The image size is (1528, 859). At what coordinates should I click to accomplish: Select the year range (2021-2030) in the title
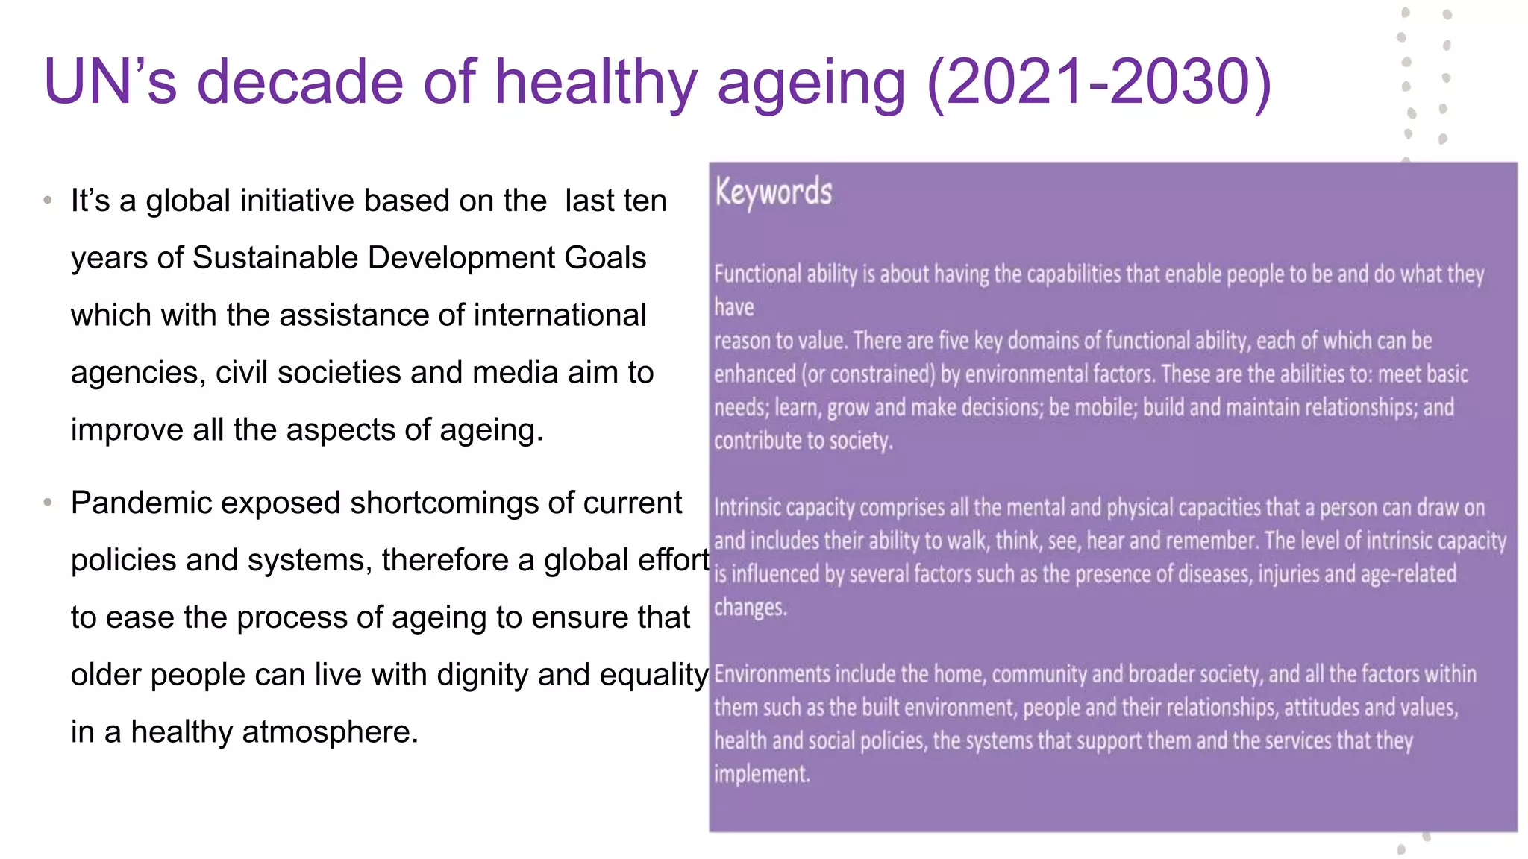tap(1098, 82)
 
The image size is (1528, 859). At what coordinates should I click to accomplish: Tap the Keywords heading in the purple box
tap(774, 192)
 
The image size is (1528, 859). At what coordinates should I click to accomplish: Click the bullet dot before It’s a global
tap(48, 201)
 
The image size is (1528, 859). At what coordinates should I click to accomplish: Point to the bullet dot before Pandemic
tap(48, 503)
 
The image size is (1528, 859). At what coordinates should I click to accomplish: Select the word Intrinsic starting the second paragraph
tap(746, 508)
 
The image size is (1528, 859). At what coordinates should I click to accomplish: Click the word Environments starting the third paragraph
tap(772, 674)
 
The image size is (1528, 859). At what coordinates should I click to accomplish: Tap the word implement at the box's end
tap(761, 774)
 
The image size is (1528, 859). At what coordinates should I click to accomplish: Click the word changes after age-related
tap(750, 608)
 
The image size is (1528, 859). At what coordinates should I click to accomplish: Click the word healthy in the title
tap(595, 82)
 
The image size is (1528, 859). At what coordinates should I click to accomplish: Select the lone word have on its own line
tap(733, 307)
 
